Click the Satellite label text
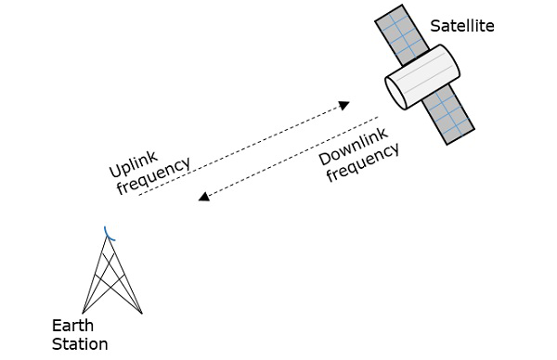coord(461,26)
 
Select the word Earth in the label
coord(72,326)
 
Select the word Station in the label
coord(80,344)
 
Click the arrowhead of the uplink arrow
coord(344,104)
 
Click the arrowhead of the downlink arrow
coord(204,196)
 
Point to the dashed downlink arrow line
coord(288,158)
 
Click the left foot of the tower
coord(83,313)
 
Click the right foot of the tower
coord(142,313)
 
